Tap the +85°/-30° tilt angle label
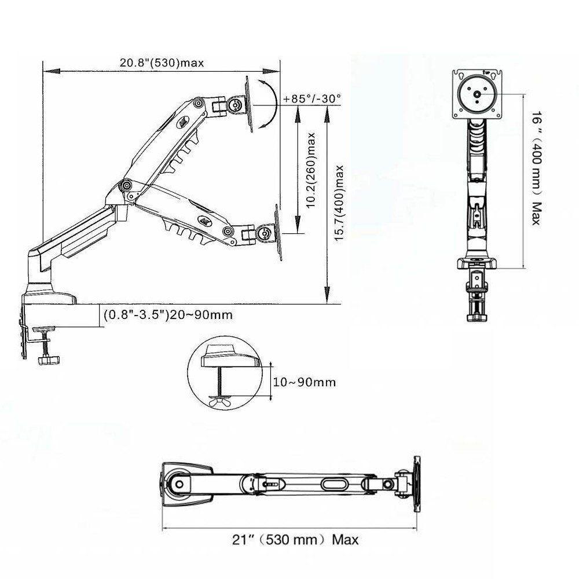coord(312,98)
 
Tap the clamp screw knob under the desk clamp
coord(46,360)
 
